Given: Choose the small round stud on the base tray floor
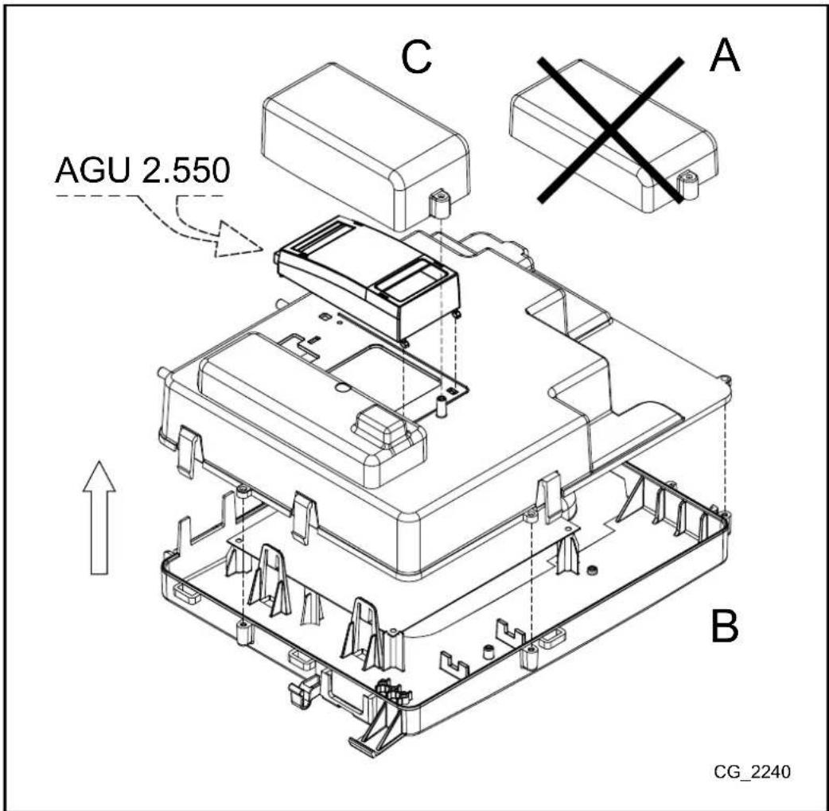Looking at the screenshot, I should point(591,571).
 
